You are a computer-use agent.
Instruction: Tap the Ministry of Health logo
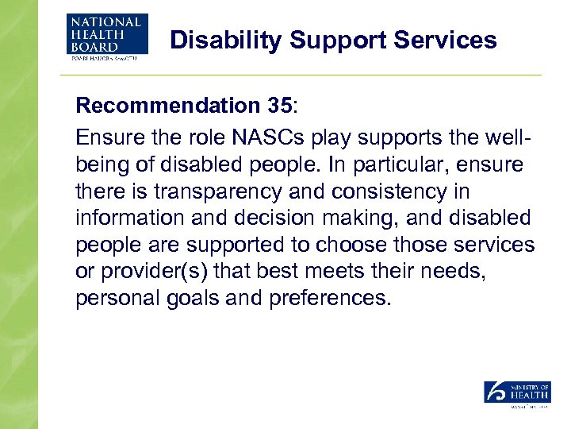click(517, 394)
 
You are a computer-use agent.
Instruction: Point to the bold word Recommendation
click(166, 106)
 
